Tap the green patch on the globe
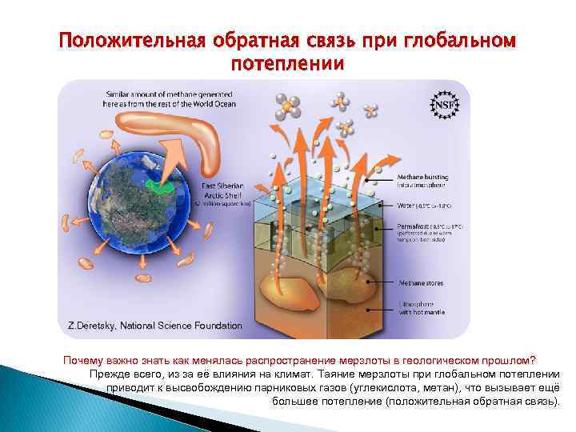click(166, 186)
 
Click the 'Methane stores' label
click(420, 282)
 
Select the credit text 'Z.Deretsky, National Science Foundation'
click(154, 326)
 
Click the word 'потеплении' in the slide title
click(287, 62)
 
